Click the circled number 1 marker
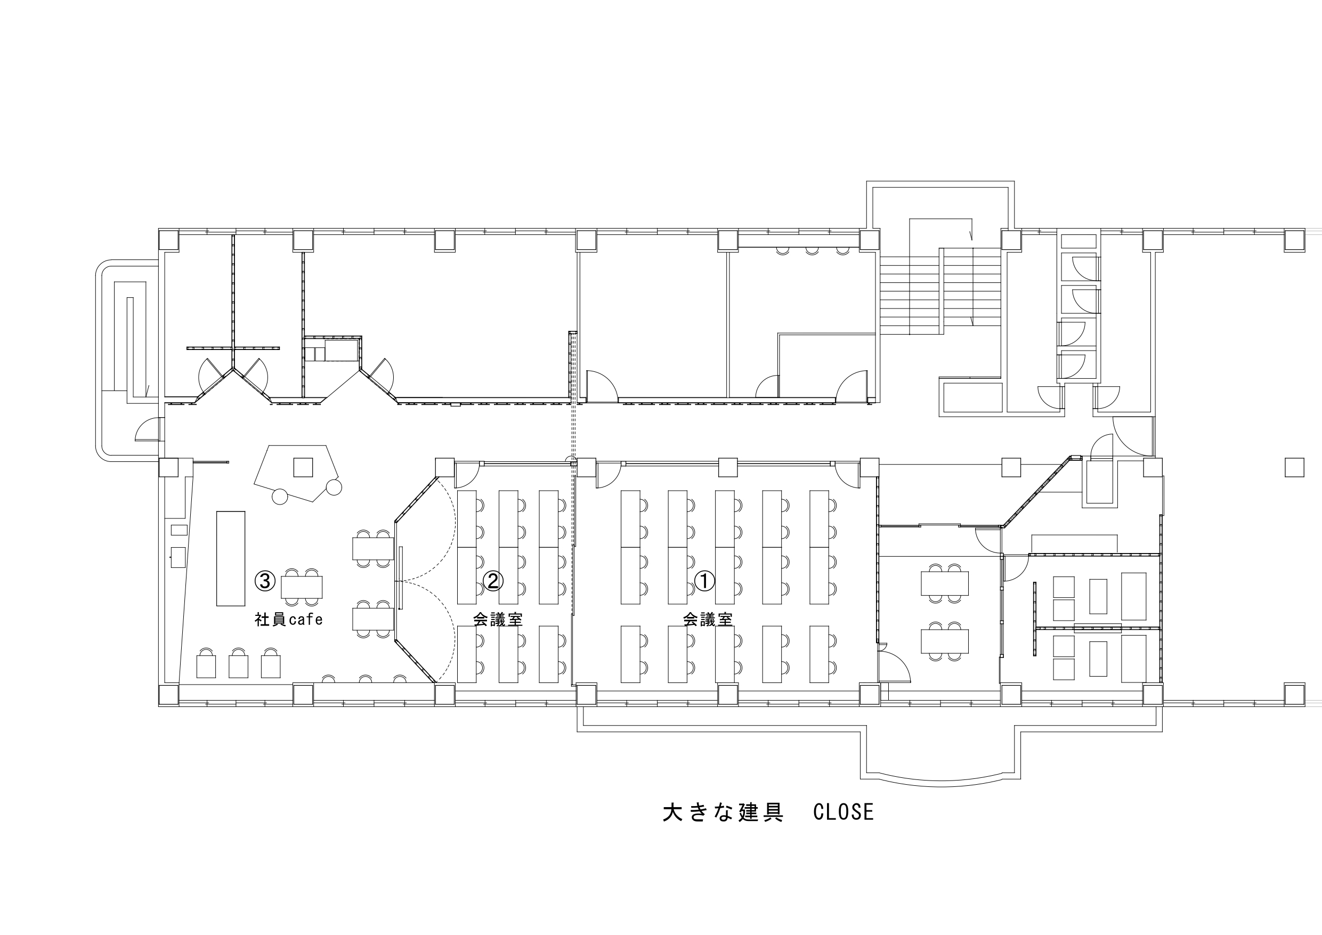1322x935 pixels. pyautogui.click(x=705, y=581)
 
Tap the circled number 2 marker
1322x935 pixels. pyautogui.click(x=493, y=581)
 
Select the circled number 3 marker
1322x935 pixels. pyautogui.click(x=265, y=581)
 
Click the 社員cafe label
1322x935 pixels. pyautogui.click(x=288, y=620)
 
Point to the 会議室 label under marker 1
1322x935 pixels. pyautogui.click(x=708, y=620)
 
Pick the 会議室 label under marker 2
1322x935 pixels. pyautogui.click(x=498, y=620)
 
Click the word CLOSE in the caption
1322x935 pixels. pyautogui.click(x=844, y=812)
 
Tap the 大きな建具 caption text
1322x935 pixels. pyautogui.click(x=723, y=812)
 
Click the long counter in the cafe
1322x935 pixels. pyautogui.click(x=231, y=558)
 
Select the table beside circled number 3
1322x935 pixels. pyautogui.click(x=302, y=587)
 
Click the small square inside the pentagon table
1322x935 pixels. pyautogui.click(x=303, y=467)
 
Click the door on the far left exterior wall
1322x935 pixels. pyautogui.click(x=147, y=429)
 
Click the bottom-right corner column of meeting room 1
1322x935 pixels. pyautogui.click(x=870, y=695)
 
